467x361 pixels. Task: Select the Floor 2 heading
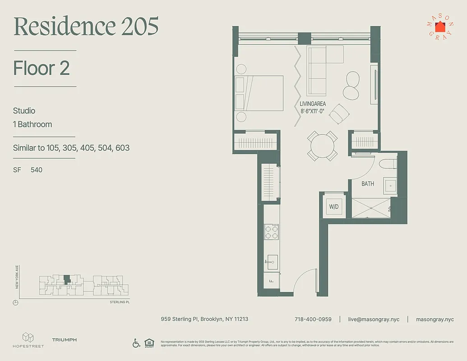click(42, 68)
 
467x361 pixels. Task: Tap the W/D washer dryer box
click(334, 207)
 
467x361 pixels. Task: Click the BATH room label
click(368, 184)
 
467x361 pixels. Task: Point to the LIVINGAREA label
click(313, 104)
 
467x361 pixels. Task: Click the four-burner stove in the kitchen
click(271, 232)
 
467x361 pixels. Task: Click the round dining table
click(322, 146)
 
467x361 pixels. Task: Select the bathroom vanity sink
click(389, 185)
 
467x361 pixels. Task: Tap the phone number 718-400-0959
click(313, 319)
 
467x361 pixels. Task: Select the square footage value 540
click(37, 170)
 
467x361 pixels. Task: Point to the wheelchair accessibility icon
click(136, 343)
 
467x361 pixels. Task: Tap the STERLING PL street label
click(120, 302)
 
